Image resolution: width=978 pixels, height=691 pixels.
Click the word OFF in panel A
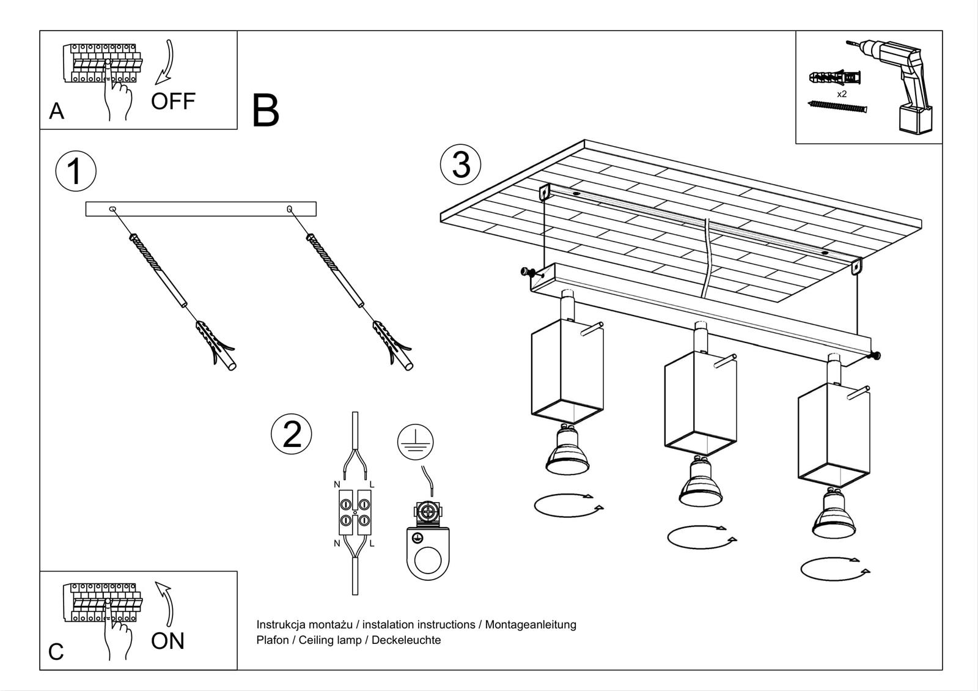(173, 101)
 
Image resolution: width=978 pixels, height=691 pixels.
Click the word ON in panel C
(167, 641)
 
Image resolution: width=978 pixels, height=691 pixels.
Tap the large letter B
(265, 111)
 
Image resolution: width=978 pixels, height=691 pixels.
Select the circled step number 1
(76, 171)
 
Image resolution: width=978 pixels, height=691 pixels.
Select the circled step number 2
(292, 435)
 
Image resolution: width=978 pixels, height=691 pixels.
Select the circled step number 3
(461, 164)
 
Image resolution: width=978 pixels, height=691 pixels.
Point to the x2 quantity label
(842, 94)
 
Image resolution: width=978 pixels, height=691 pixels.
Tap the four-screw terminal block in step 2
(355, 512)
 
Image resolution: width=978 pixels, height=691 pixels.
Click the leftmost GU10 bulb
(567, 451)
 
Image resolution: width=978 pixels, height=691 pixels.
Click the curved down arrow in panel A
(166, 62)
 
